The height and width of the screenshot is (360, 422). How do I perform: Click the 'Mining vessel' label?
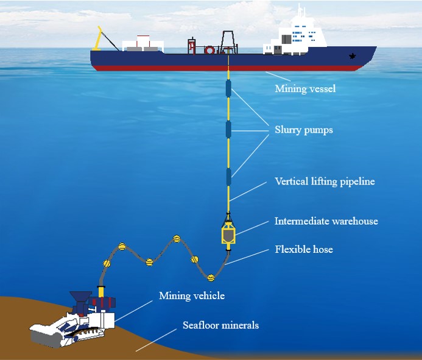pos(305,88)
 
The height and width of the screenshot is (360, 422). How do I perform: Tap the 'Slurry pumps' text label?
pos(304,130)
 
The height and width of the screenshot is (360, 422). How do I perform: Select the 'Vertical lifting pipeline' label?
pos(325,182)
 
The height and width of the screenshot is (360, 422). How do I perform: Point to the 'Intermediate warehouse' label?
pos(326,221)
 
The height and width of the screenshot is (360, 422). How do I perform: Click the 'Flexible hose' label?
pos(304,249)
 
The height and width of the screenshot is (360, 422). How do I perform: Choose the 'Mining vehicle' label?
pos(192,295)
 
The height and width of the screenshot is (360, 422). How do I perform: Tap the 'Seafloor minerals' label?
pos(220,325)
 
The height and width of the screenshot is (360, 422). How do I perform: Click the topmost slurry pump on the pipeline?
pos(228,88)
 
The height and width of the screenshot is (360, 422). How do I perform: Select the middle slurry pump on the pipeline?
pos(228,130)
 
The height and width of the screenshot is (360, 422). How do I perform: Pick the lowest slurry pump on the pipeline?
pos(228,177)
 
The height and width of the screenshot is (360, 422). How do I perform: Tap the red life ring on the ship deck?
pos(209,50)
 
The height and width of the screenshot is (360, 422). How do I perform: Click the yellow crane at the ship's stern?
pos(97,40)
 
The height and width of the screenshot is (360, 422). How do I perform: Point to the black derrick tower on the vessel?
pos(228,42)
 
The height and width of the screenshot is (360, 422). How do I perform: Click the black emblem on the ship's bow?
pos(352,56)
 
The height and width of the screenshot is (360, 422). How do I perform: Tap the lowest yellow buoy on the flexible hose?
pos(211,278)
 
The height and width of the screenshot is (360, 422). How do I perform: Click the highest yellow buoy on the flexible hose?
pos(177,239)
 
